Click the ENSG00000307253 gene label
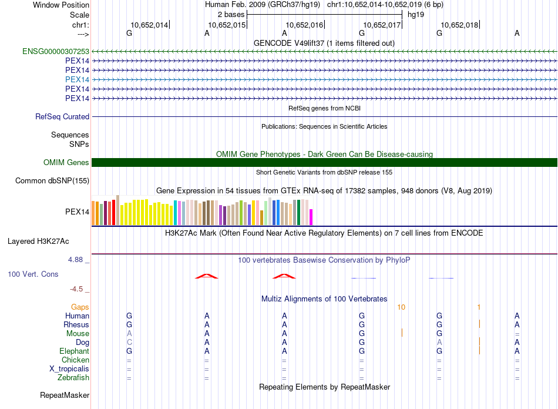tap(56, 52)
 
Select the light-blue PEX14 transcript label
tap(77, 79)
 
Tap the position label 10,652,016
tap(304, 25)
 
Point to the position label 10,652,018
tap(459, 25)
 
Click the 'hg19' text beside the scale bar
tap(416, 14)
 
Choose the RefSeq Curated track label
tap(62, 117)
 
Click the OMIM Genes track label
tap(66, 162)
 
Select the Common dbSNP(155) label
tap(52, 180)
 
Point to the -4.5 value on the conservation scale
tap(78, 289)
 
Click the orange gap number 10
tap(401, 307)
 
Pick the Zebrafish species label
tap(73, 378)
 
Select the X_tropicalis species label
tap(69, 369)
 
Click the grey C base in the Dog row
tap(129, 342)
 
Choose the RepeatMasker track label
tap(65, 395)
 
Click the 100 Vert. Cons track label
tap(33, 274)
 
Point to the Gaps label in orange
tap(80, 307)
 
